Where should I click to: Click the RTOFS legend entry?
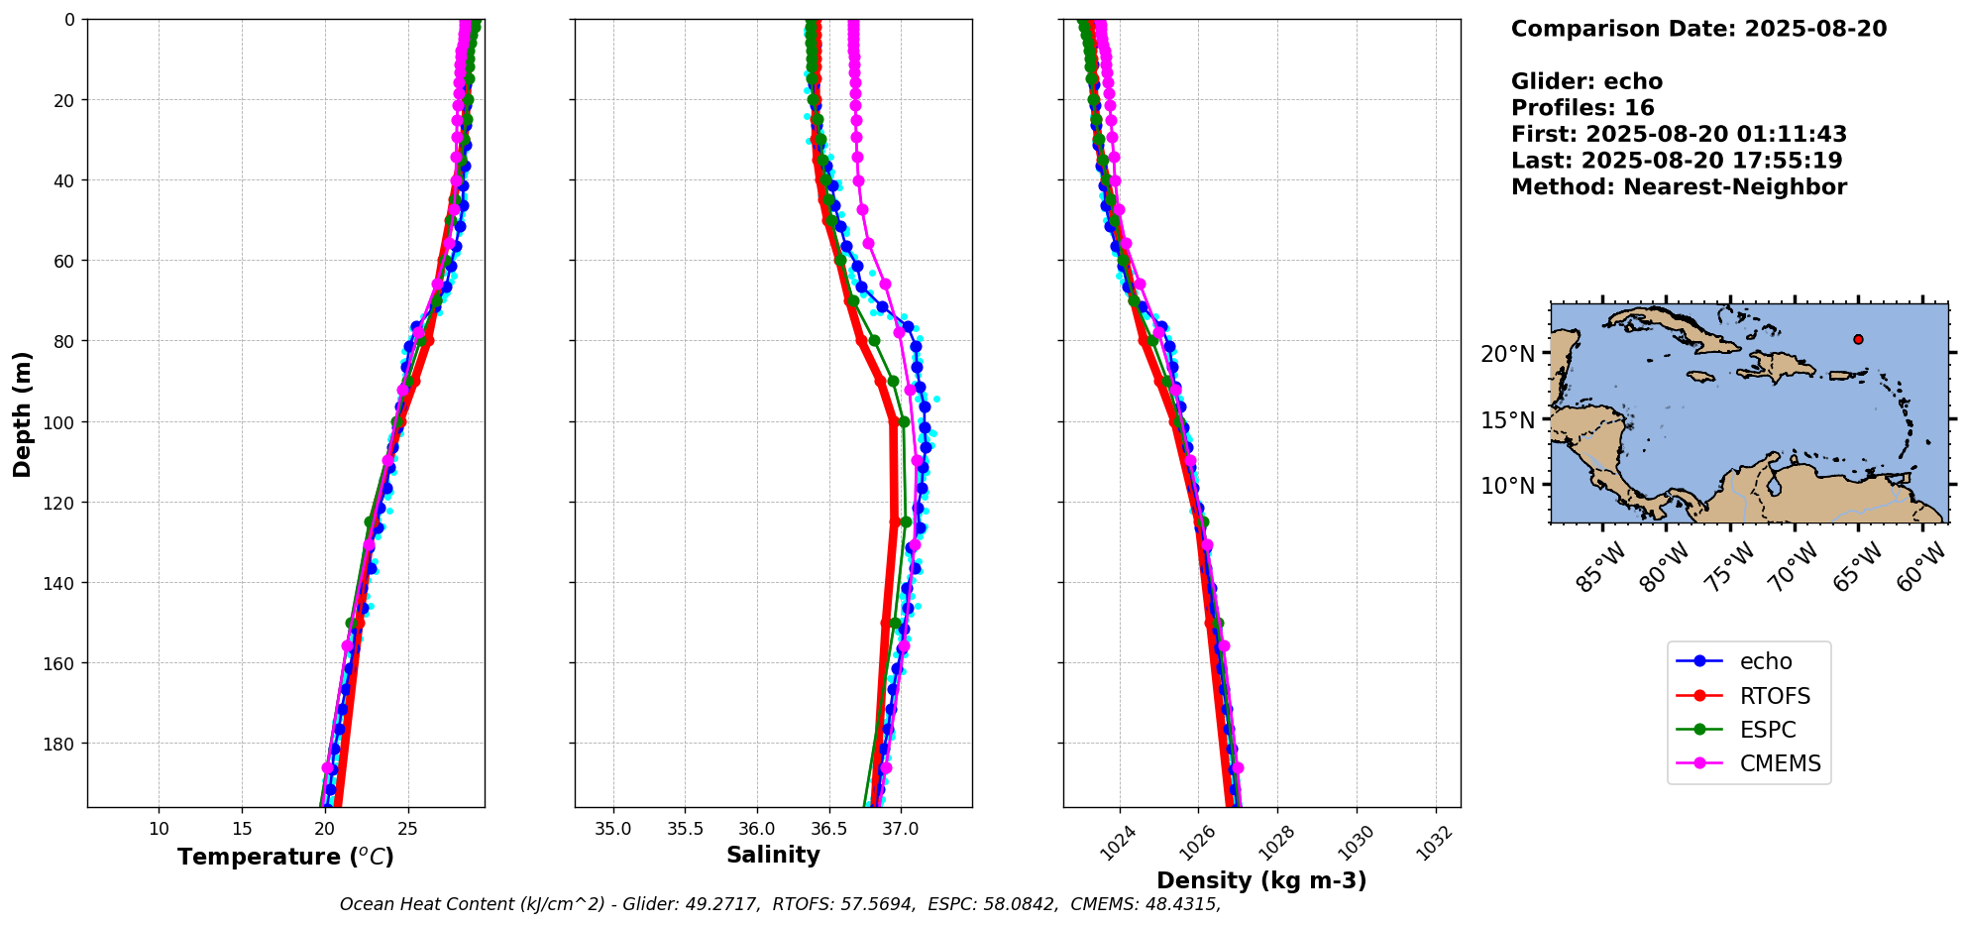(1774, 696)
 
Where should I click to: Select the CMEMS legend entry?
(1780, 763)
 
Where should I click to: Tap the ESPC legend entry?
(1768, 730)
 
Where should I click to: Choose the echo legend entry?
(1766, 661)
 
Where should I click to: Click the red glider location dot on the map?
(1858, 339)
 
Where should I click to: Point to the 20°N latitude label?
(1508, 354)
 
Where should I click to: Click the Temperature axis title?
(285, 857)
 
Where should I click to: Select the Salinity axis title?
(773, 856)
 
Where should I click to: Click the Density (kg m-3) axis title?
(1261, 880)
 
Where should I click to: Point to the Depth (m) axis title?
(22, 413)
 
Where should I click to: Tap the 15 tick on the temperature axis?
(242, 829)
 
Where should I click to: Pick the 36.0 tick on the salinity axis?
(757, 829)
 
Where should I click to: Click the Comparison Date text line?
(1698, 29)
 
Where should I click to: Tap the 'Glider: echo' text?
(1586, 81)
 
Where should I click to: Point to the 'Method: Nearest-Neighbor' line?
(1679, 187)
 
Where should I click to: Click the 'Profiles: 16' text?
(1582, 108)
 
